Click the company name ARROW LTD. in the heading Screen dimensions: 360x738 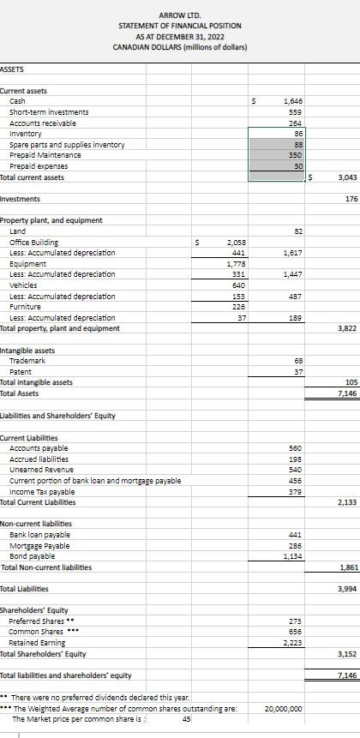[179, 15]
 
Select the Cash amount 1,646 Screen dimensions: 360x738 [294, 101]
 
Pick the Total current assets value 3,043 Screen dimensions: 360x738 [346, 177]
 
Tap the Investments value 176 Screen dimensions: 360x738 [351, 199]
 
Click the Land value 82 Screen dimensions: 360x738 [299, 231]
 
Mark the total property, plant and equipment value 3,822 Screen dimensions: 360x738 [346, 328]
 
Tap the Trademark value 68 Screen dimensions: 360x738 [299, 361]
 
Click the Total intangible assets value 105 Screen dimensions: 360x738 [350, 382]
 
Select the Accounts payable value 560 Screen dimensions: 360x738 [297, 448]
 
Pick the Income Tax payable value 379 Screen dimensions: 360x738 [297, 492]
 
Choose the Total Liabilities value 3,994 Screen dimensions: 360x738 [346, 589]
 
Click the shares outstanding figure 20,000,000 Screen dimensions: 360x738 [283, 709]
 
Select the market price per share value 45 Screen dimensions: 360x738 [185, 719]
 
